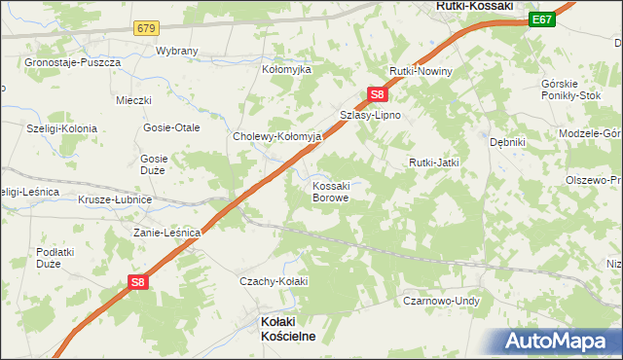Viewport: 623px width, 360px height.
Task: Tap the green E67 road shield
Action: coord(543,19)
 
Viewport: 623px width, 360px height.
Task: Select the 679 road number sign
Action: coord(147,28)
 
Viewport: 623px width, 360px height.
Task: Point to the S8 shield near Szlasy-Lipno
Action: coord(379,94)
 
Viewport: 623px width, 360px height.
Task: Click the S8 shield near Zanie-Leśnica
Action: coord(140,282)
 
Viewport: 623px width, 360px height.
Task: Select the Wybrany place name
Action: coord(176,51)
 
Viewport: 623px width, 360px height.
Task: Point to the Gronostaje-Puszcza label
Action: coord(73,62)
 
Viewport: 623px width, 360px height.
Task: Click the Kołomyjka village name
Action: coord(286,70)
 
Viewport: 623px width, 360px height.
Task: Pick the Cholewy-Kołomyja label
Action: coord(276,137)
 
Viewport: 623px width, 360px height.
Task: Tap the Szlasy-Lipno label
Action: coord(370,115)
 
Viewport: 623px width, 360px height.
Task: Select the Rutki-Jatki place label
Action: coord(433,162)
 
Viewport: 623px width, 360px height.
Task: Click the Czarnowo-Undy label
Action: coord(442,302)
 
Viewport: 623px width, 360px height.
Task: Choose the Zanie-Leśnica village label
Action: coord(166,234)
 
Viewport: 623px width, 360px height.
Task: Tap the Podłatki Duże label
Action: coord(49,258)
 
